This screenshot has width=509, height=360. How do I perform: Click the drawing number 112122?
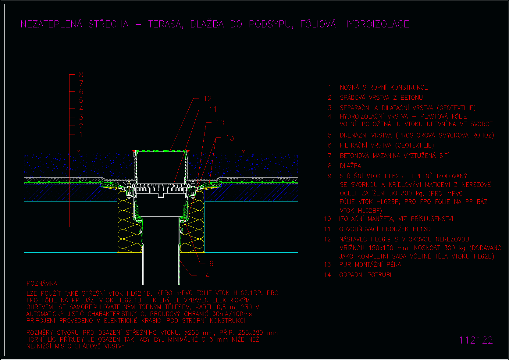pyautogui.click(x=476, y=340)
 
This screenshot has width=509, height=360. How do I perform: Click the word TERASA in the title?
pyautogui.click(x=166, y=24)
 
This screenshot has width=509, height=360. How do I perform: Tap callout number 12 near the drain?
pyautogui.click(x=208, y=99)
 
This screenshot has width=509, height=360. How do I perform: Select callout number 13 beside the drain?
pyautogui.click(x=230, y=138)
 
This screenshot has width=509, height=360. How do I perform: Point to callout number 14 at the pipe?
pyautogui.click(x=205, y=276)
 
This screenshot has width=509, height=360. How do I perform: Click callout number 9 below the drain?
pyautogui.click(x=212, y=263)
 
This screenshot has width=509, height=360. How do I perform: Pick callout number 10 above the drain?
pyautogui.click(x=220, y=123)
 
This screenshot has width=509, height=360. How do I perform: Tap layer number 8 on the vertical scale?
pyautogui.click(x=81, y=75)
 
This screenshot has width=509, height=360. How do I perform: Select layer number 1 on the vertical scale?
pyautogui.click(x=81, y=134)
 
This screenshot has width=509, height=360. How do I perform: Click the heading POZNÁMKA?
pyautogui.click(x=43, y=283)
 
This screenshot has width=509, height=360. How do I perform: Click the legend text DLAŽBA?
pyautogui.click(x=351, y=166)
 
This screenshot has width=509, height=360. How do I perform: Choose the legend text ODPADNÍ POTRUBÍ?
pyautogui.click(x=365, y=275)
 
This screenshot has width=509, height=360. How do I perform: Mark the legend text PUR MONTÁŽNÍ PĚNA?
pyautogui.click(x=370, y=265)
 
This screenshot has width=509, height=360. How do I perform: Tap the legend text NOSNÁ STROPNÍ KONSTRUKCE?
pyautogui.click(x=384, y=87)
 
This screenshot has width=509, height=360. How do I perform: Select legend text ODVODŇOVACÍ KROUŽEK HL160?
pyautogui.click(x=385, y=229)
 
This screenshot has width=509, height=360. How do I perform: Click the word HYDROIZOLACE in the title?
pyautogui.click(x=376, y=24)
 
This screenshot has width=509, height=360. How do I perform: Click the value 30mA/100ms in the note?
pyautogui.click(x=232, y=314)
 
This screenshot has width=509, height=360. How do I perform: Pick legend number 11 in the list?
pyautogui.click(x=327, y=229)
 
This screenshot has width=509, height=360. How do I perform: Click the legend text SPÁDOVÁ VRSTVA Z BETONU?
pyautogui.click(x=381, y=98)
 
